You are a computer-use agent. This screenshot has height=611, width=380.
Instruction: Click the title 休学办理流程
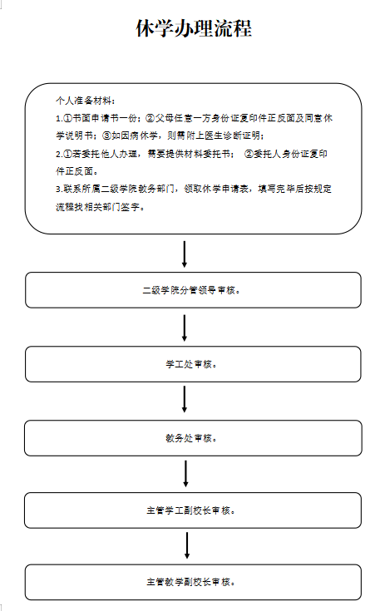[x=194, y=28]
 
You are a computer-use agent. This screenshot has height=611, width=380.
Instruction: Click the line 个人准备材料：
[x=86, y=101]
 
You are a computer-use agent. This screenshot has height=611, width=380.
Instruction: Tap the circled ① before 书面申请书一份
[x=67, y=118]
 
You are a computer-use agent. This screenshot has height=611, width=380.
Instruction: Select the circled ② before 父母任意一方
[x=150, y=118]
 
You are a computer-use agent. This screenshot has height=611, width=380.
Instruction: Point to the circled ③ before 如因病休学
[x=106, y=136]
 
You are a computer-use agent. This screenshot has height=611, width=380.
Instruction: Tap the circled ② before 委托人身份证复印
[x=249, y=154]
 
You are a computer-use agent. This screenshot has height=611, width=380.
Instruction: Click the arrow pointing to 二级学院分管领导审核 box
[x=185, y=254]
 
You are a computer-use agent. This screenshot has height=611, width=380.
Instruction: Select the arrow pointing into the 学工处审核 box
[x=185, y=328]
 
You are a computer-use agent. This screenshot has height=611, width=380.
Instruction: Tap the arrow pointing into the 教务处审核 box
[x=185, y=399]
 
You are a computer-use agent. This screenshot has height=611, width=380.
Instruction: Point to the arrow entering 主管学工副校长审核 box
[x=185, y=474]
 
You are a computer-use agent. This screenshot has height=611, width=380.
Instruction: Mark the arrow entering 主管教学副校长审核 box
[x=187, y=545]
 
